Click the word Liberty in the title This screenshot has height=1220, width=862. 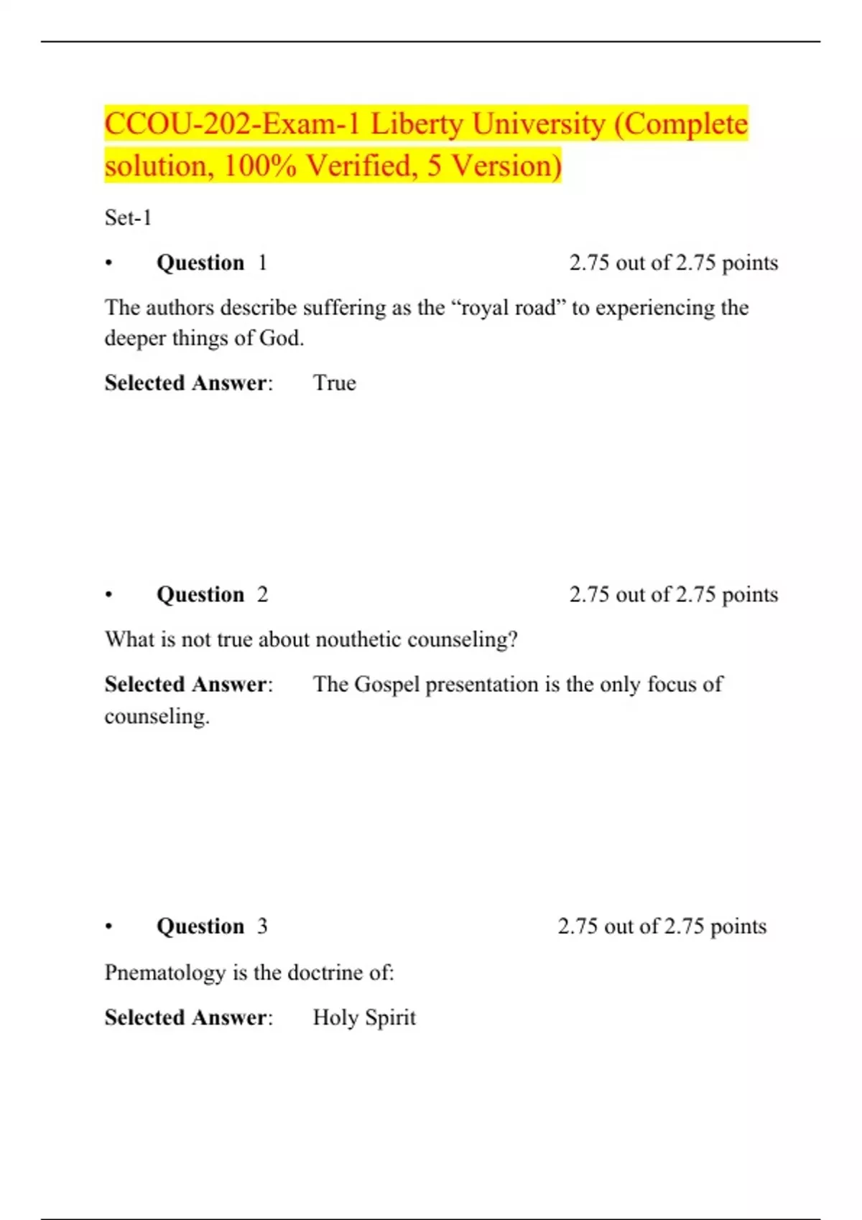point(417,125)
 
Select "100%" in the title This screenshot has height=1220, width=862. point(260,166)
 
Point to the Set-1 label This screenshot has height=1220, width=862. point(128,217)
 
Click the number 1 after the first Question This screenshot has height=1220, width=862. point(263,263)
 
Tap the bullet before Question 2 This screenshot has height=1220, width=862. point(108,595)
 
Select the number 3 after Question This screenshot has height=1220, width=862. point(263,926)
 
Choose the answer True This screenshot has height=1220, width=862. point(335,383)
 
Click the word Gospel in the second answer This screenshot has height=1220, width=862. point(386,685)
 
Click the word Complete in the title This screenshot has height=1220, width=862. point(685,125)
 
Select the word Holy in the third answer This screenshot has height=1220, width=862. point(335,1018)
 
